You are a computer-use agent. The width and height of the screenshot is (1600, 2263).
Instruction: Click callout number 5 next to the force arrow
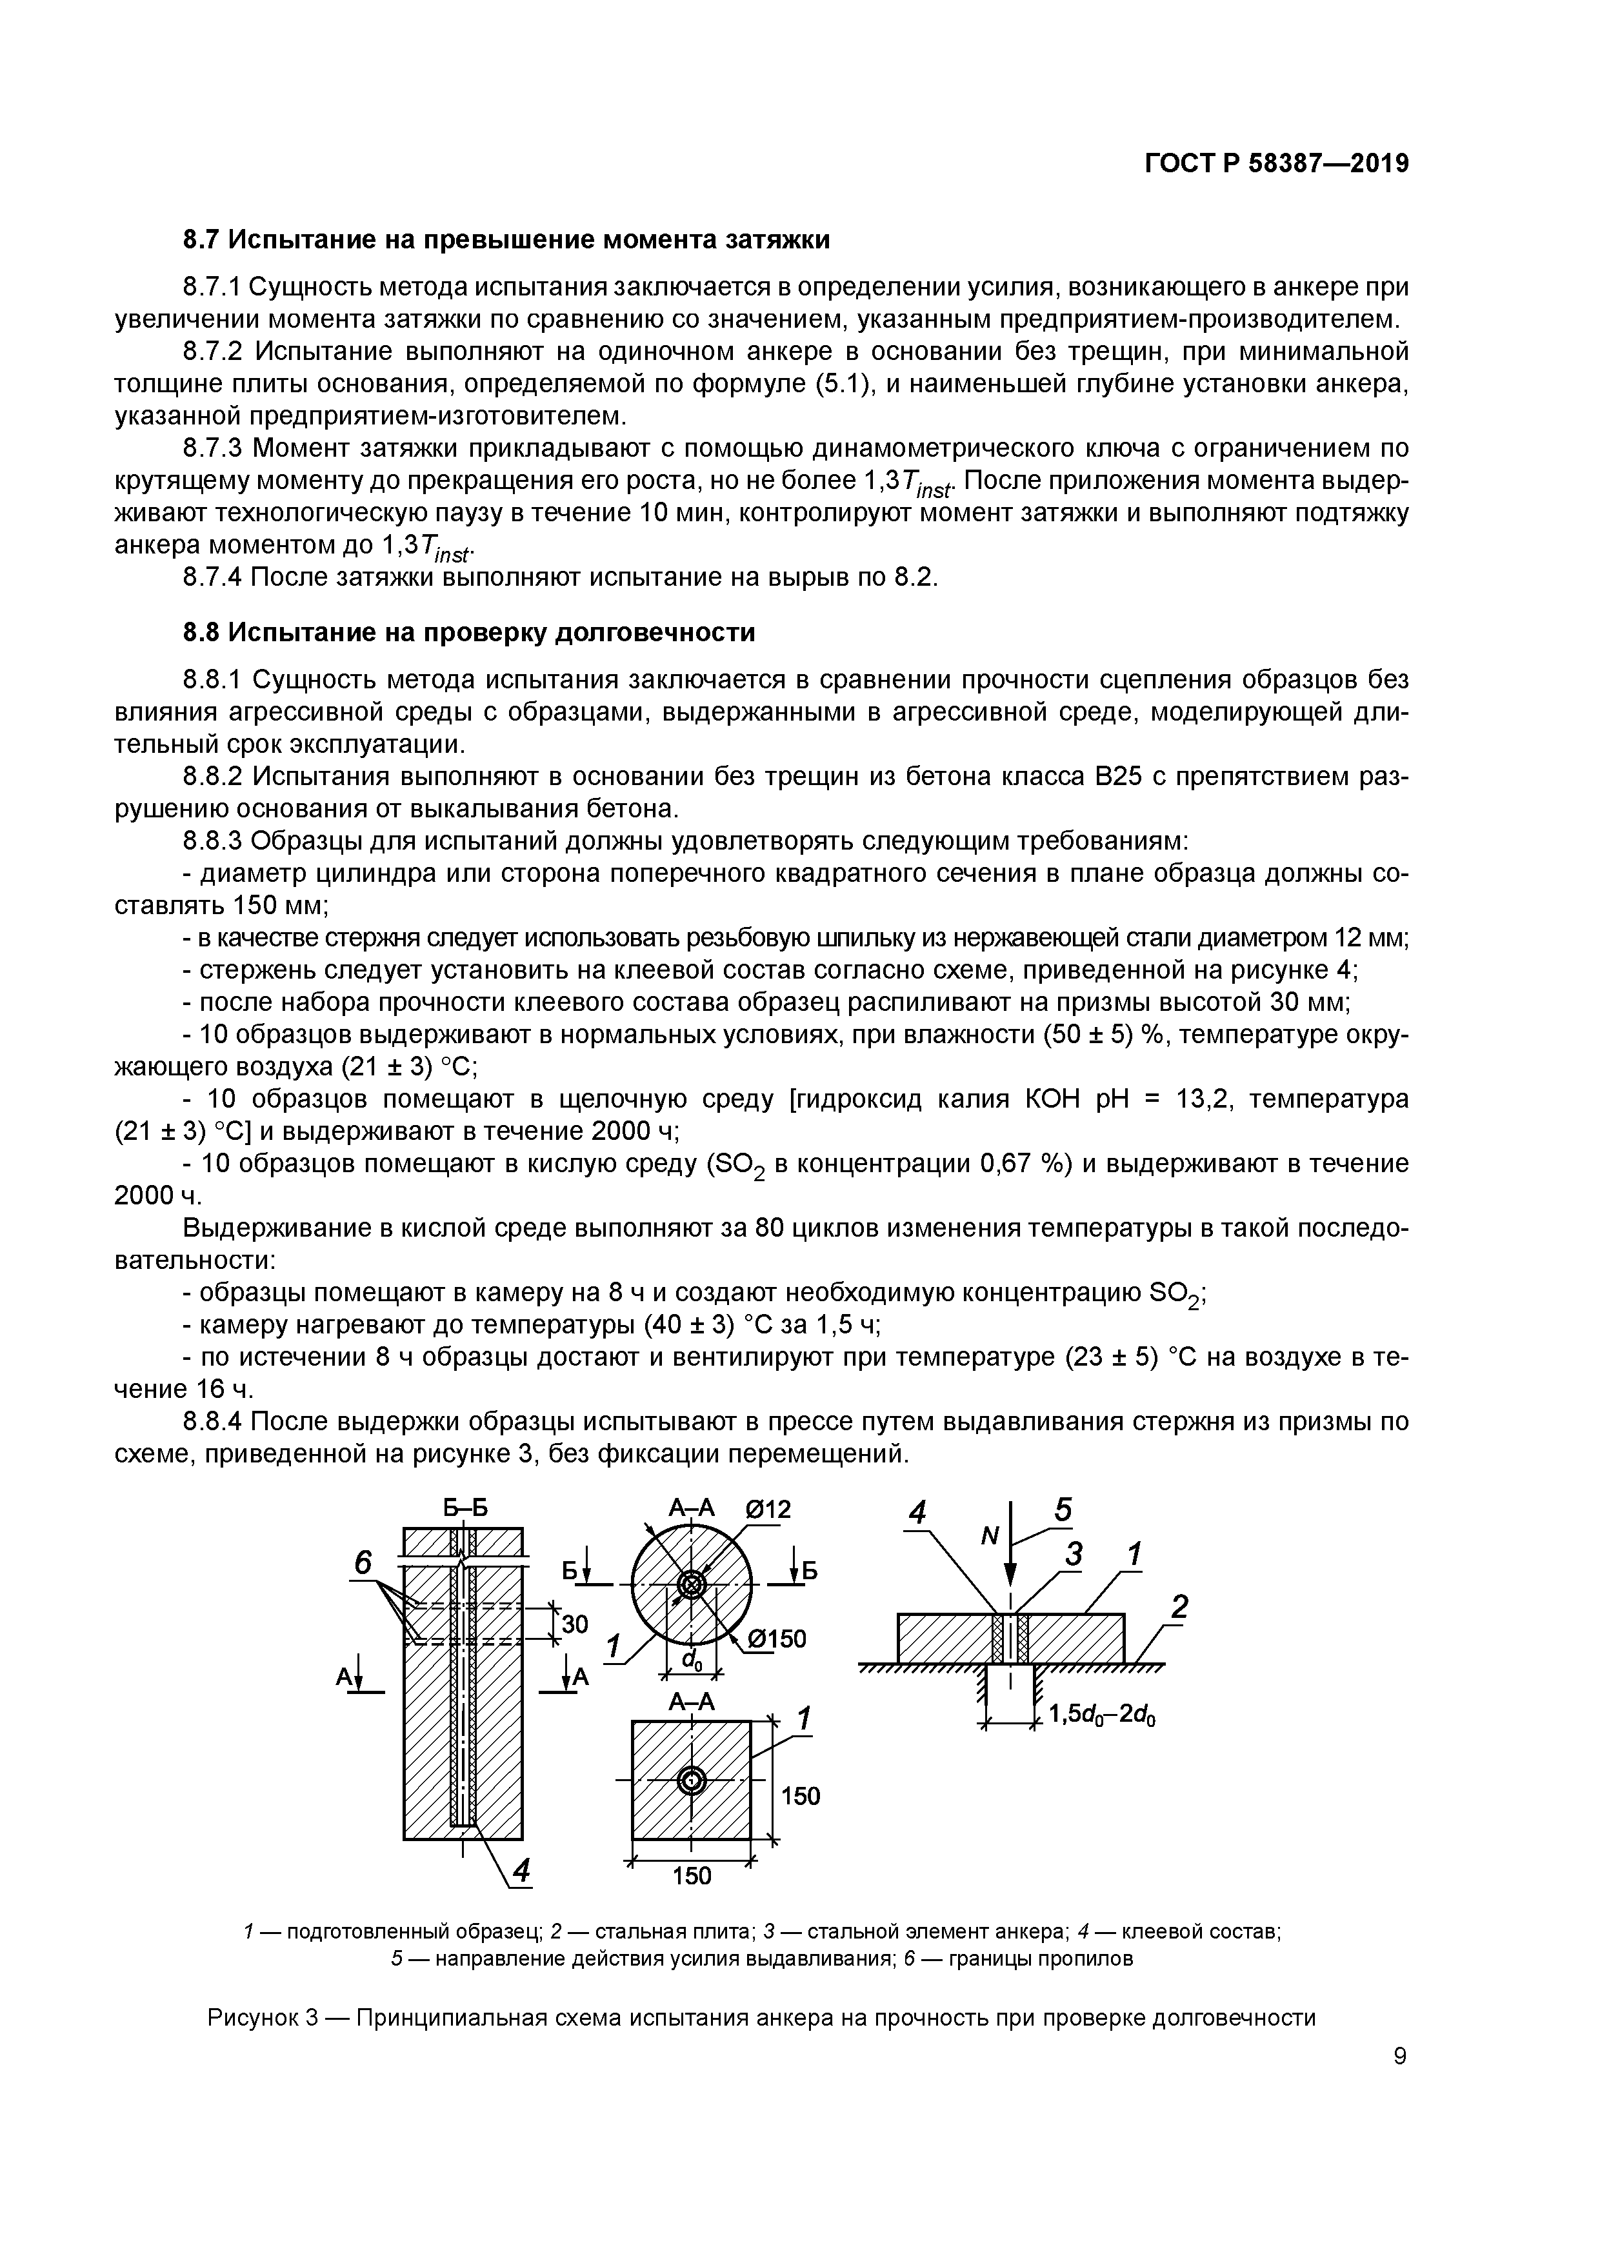pos(1062,1509)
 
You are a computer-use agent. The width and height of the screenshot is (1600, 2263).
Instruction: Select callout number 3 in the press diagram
pos(1073,1554)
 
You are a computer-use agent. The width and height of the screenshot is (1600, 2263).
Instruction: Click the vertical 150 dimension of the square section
pos(799,1796)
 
